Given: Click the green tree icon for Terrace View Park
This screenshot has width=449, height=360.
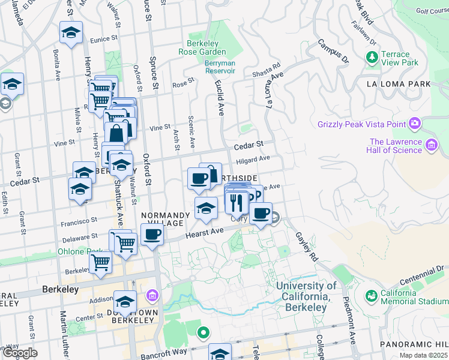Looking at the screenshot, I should point(372,58).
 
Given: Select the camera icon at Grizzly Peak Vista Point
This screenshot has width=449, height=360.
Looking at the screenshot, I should point(414,124).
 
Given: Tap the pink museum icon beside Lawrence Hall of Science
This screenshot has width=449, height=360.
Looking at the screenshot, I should point(430,145).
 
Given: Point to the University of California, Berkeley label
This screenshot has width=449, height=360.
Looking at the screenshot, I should point(307,296).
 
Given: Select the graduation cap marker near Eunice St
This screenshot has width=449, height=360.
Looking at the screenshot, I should point(71,34).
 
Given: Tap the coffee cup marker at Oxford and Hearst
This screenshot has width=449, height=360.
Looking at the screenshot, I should point(152,235).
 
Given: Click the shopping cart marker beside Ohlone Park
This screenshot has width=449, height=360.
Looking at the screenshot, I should point(100,262).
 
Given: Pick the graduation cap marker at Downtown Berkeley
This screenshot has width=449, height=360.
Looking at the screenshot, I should point(125,301).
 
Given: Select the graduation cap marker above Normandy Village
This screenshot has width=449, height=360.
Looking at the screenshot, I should point(206,209).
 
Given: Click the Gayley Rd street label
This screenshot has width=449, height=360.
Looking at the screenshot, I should point(305,246).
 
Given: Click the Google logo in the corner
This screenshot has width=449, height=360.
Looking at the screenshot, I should point(20,353).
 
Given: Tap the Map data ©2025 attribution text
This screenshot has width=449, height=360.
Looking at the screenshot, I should point(424,355).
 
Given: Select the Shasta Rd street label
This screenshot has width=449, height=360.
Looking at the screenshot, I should point(268,70).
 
